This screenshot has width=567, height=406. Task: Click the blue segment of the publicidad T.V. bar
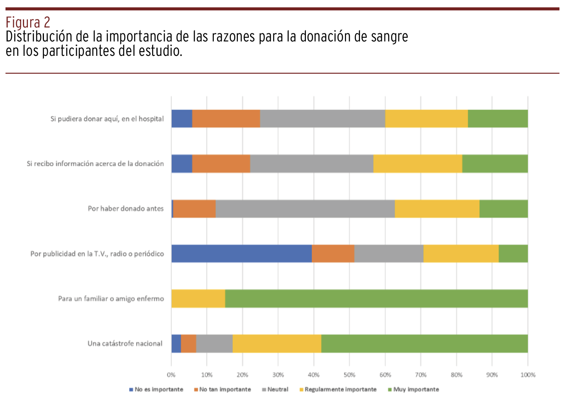tap(241, 254)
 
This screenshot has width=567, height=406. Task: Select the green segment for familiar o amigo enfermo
tap(376, 299)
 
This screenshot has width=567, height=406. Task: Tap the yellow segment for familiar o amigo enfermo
tap(198, 299)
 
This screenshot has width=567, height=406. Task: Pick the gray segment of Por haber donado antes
tap(305, 209)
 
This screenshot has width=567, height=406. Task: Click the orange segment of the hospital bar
tap(226, 119)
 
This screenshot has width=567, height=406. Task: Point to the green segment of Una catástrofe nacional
tap(424, 343)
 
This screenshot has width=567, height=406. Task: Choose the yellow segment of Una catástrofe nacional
tap(277, 343)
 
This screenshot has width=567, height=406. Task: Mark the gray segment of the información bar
tap(312, 164)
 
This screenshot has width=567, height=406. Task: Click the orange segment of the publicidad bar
tap(333, 254)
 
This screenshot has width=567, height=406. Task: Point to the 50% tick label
tap(349, 375)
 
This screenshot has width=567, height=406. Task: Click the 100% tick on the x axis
tap(528, 375)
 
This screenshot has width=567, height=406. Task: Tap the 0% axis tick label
tap(171, 375)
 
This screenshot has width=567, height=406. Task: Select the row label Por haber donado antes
tap(125, 208)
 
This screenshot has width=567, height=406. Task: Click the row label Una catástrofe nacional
tap(125, 343)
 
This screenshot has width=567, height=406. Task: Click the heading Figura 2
tap(28, 22)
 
